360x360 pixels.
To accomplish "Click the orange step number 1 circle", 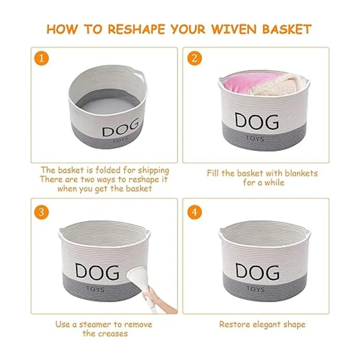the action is tap(41, 58).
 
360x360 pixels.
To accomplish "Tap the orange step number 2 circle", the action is tap(194, 58).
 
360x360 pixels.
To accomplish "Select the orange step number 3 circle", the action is tap(41, 212).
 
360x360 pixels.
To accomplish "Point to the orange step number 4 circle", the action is tap(194, 212).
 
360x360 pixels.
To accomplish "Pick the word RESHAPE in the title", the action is tap(136, 29).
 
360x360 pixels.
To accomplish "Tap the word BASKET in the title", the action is tap(287, 29).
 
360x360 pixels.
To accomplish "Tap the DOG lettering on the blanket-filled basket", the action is tap(257, 121).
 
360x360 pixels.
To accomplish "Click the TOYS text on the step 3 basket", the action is tap(95, 289).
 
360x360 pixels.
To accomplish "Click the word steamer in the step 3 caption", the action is tap(95, 325).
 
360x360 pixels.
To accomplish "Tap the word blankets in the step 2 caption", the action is tap(301, 173).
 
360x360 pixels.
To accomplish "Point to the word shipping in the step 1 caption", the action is tap(153, 171).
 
